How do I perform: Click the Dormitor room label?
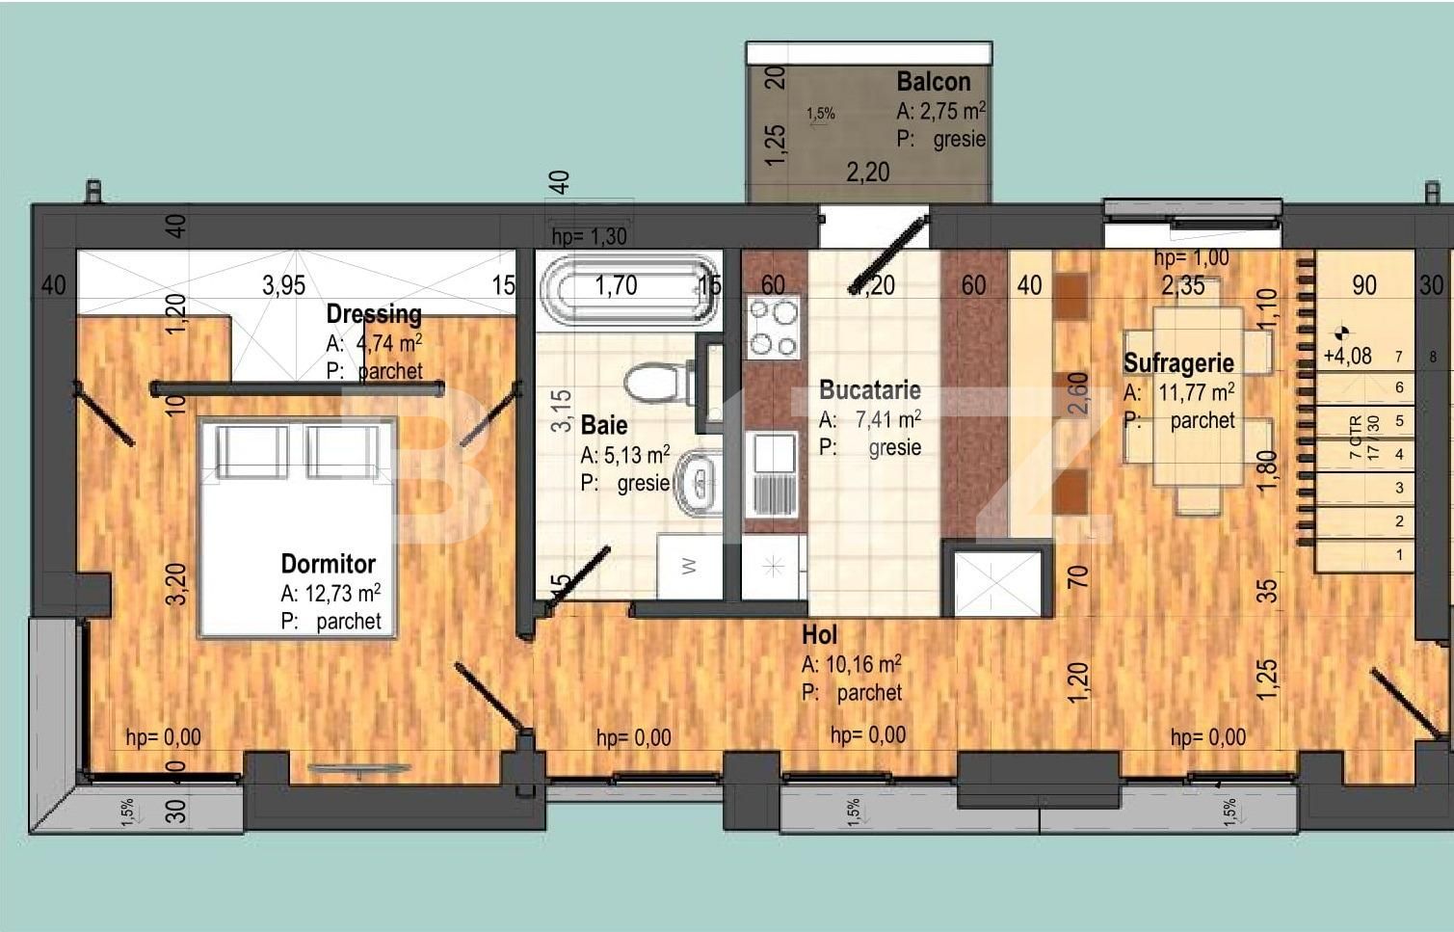click(x=328, y=564)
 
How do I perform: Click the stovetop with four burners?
click(x=774, y=328)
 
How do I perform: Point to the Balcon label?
click(x=933, y=82)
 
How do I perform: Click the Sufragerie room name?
click(x=1177, y=363)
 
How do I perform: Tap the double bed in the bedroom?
click(x=297, y=525)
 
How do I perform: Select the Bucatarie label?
click(x=869, y=390)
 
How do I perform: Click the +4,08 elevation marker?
click(x=1347, y=356)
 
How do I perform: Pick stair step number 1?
click(x=1399, y=555)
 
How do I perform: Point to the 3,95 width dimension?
click(x=283, y=285)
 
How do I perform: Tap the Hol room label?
click(x=819, y=635)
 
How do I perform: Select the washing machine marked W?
click(x=689, y=567)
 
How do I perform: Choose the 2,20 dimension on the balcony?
click(x=867, y=173)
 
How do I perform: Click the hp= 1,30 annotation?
click(x=589, y=236)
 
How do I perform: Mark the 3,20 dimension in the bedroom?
click(x=176, y=584)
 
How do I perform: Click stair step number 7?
click(x=1399, y=357)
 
